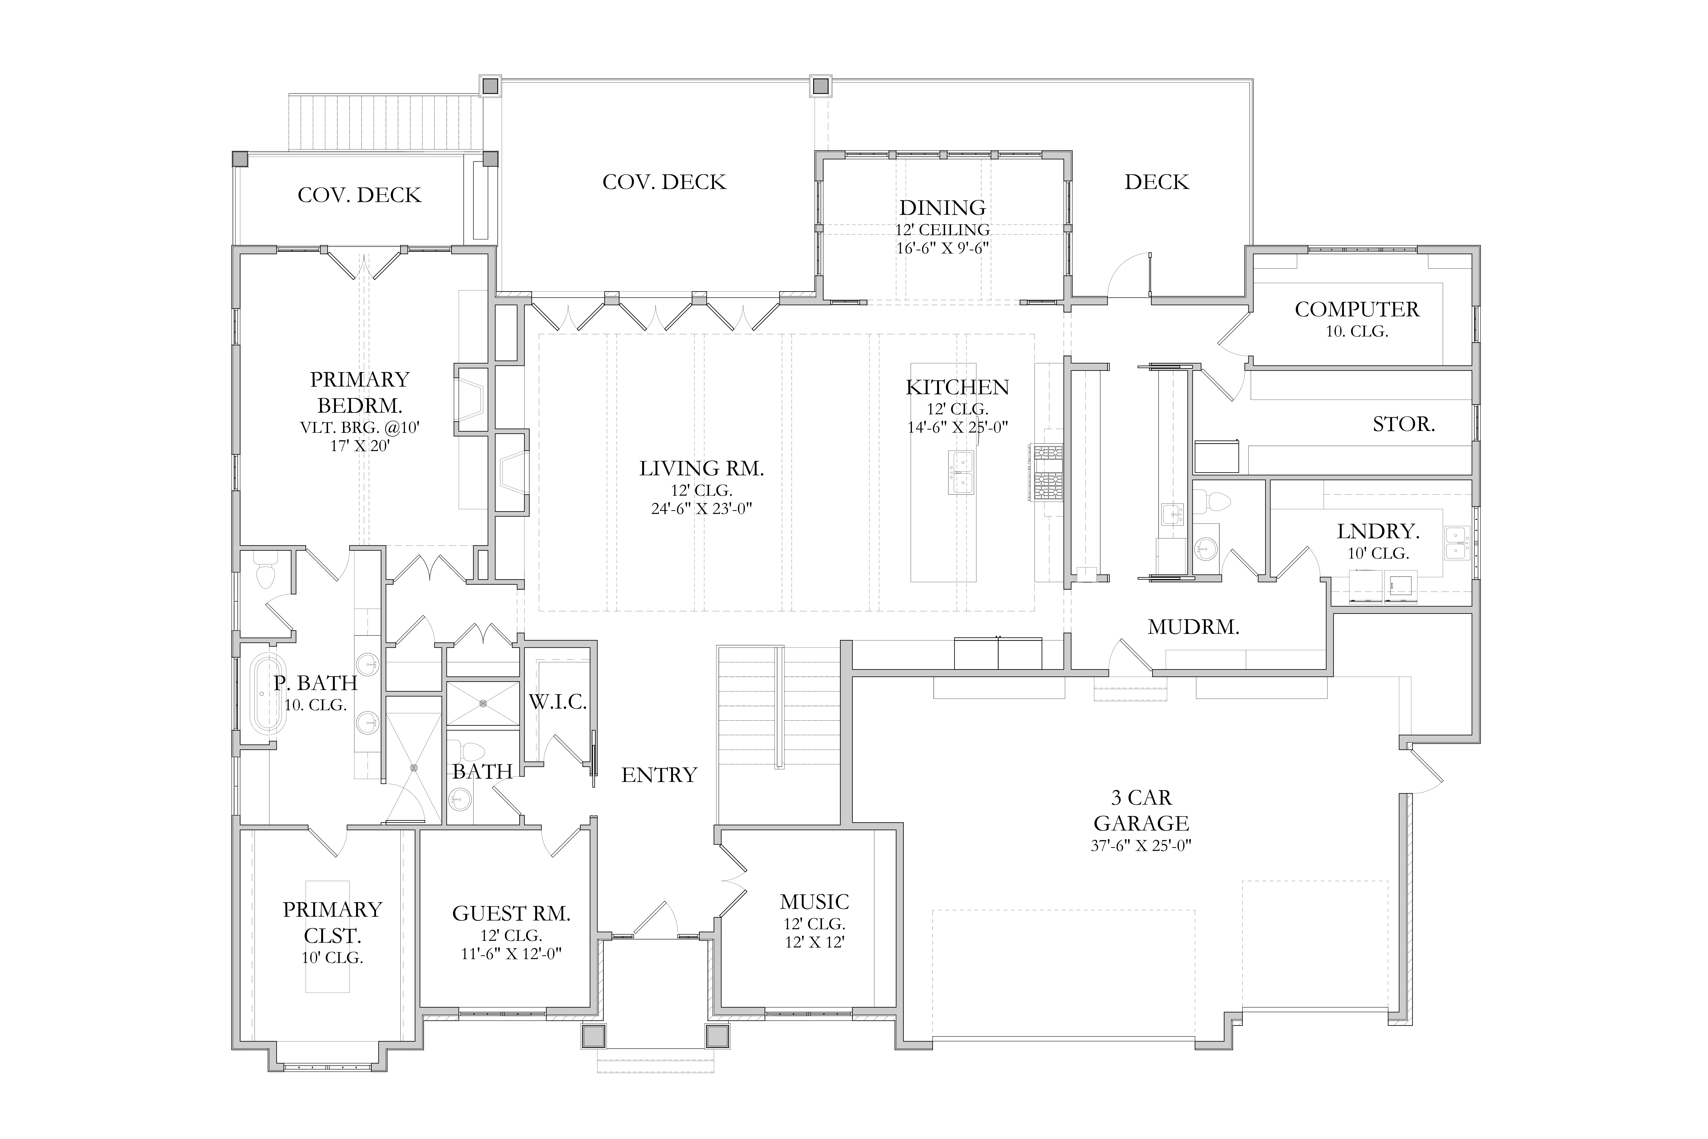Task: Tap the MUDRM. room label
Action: [x=1193, y=627]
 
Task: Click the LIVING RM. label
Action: [x=701, y=468]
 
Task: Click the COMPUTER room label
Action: [x=1356, y=309]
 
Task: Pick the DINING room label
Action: [x=942, y=208]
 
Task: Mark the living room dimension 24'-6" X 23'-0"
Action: [x=701, y=509]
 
